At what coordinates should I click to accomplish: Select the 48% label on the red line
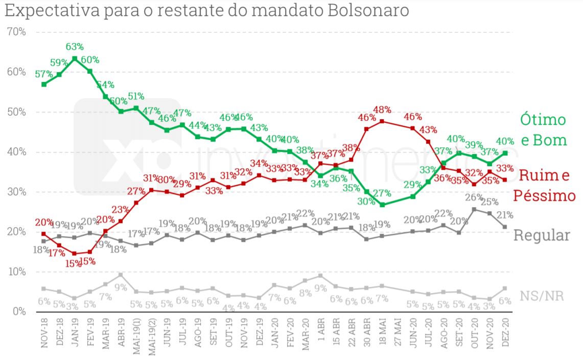[382, 109]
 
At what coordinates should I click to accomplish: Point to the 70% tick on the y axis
[16, 32]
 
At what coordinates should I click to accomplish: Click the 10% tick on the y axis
[16, 272]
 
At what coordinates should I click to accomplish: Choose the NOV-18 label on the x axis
[44, 335]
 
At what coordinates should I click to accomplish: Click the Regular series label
[541, 235]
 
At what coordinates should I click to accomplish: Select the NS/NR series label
[542, 296]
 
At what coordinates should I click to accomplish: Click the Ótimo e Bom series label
[543, 130]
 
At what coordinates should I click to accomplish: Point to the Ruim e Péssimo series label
[544, 186]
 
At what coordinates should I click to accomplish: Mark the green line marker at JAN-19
[75, 59]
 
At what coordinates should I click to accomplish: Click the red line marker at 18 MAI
[382, 121]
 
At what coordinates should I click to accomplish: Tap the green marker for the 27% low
[382, 205]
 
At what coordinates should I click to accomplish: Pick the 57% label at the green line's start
[44, 74]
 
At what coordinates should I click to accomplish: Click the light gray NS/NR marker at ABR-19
[121, 275]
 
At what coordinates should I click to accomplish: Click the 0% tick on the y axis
[18, 311]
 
